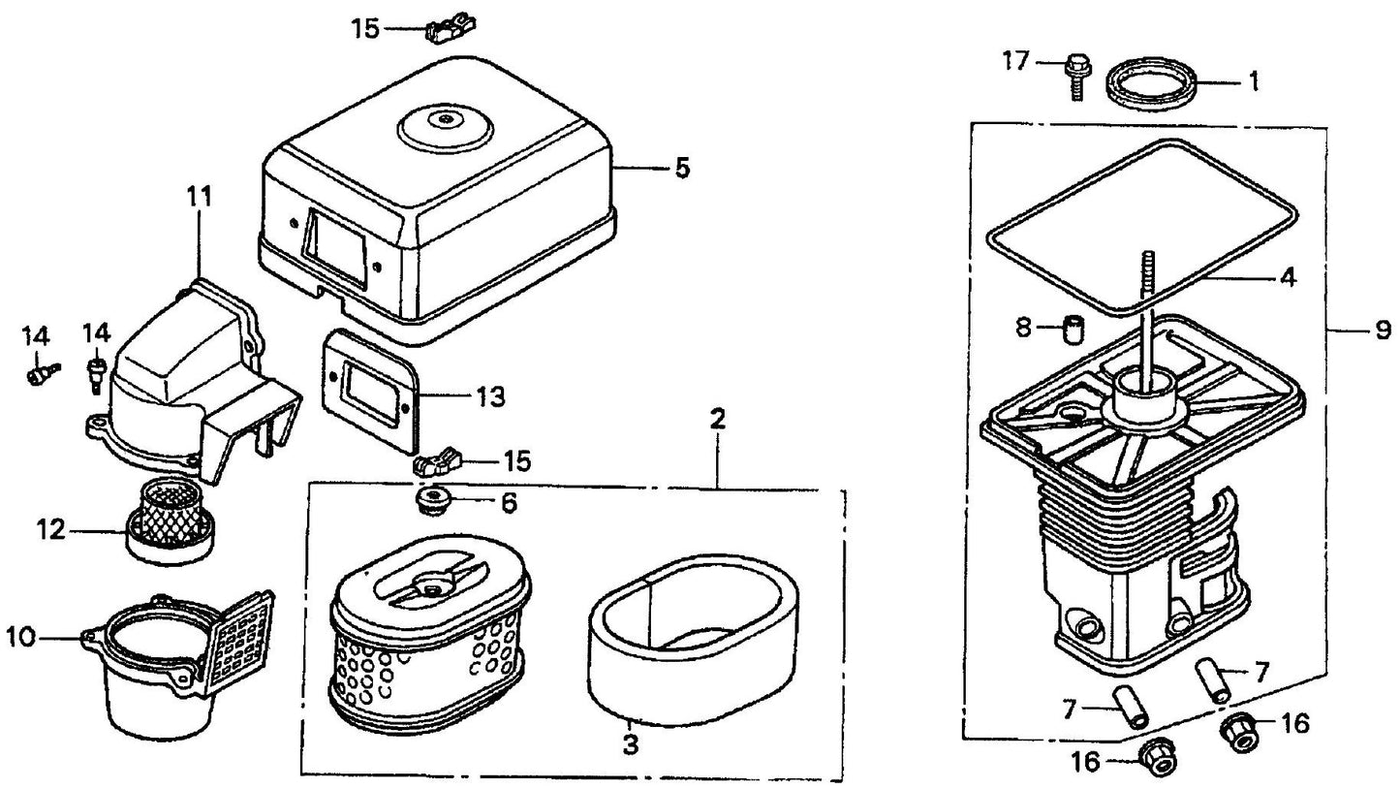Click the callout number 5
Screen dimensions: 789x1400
tap(682, 169)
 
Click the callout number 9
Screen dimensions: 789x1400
tap(1381, 331)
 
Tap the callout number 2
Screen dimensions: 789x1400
tap(717, 420)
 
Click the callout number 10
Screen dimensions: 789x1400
tap(20, 637)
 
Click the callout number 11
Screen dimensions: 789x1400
tap(199, 197)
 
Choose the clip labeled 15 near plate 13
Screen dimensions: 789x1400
tap(434, 461)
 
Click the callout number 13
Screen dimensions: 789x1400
tap(491, 396)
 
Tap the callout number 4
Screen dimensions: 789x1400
tap(1287, 278)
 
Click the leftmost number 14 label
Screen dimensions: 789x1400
tap(35, 336)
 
